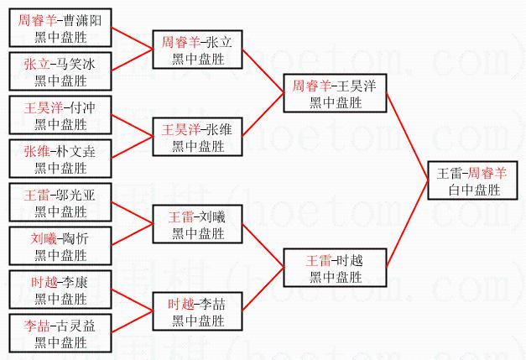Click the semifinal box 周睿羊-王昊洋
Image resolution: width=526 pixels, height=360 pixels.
click(x=335, y=94)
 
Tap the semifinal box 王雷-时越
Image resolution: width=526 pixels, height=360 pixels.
click(x=335, y=267)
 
